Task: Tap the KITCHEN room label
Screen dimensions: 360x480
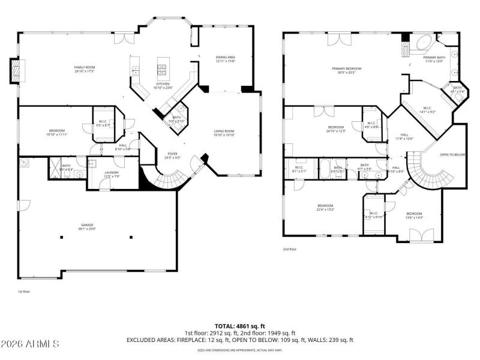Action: click(163, 84)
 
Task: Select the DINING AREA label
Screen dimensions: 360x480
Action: click(225, 58)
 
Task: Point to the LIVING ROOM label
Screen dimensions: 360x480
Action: click(224, 131)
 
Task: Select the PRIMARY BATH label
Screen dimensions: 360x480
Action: click(434, 58)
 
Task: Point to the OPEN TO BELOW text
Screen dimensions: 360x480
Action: click(452, 154)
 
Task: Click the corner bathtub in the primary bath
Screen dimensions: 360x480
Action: click(425, 44)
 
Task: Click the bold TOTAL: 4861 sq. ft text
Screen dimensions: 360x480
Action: click(239, 325)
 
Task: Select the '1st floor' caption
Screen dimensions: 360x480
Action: click(24, 292)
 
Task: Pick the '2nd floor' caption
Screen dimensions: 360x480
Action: click(289, 248)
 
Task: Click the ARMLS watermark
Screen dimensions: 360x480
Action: click(30, 344)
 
